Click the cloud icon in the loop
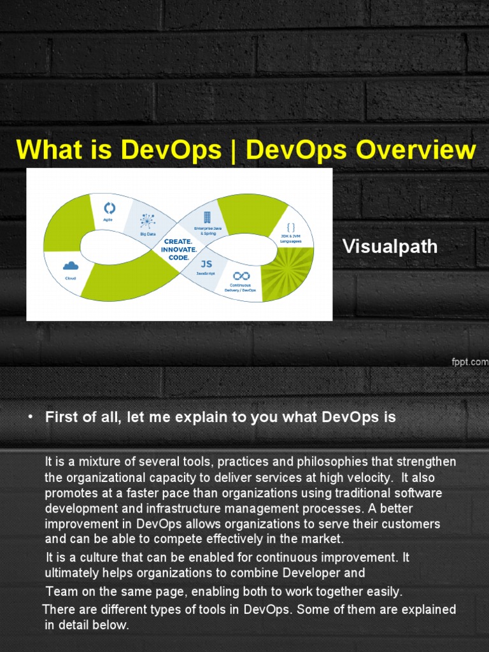coord(71,266)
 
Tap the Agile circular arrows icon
coord(110,208)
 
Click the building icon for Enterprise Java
coord(207,217)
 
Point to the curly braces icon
coord(291,227)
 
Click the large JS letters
coord(206,264)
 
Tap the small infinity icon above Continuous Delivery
coord(241,276)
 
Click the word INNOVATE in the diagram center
coord(179,250)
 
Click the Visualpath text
coord(390,246)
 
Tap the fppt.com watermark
coord(469,361)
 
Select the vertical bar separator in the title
coord(234,150)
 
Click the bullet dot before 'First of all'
coord(29,418)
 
